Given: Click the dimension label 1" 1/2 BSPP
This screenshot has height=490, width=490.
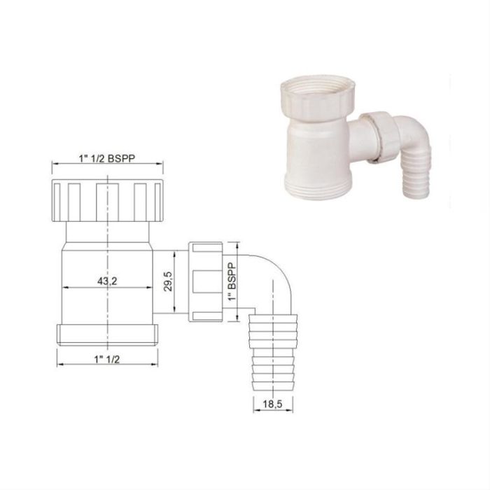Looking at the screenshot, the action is point(107,158).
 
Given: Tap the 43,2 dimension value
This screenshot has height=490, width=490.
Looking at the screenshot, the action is point(107,281).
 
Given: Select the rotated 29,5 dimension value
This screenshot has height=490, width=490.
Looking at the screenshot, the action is point(168,281).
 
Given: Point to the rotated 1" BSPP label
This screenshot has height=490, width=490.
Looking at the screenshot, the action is point(232,282).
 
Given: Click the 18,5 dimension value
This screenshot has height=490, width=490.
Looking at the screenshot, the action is point(272,404).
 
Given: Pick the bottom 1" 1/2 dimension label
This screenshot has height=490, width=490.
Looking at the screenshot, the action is point(107,359).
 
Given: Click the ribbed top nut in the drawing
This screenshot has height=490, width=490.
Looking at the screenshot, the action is point(107,200).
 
